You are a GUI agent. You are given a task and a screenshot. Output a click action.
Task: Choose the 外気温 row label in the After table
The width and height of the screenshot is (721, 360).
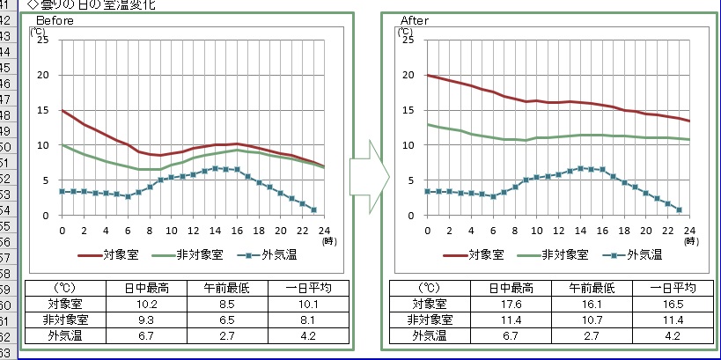(x=429, y=335)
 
